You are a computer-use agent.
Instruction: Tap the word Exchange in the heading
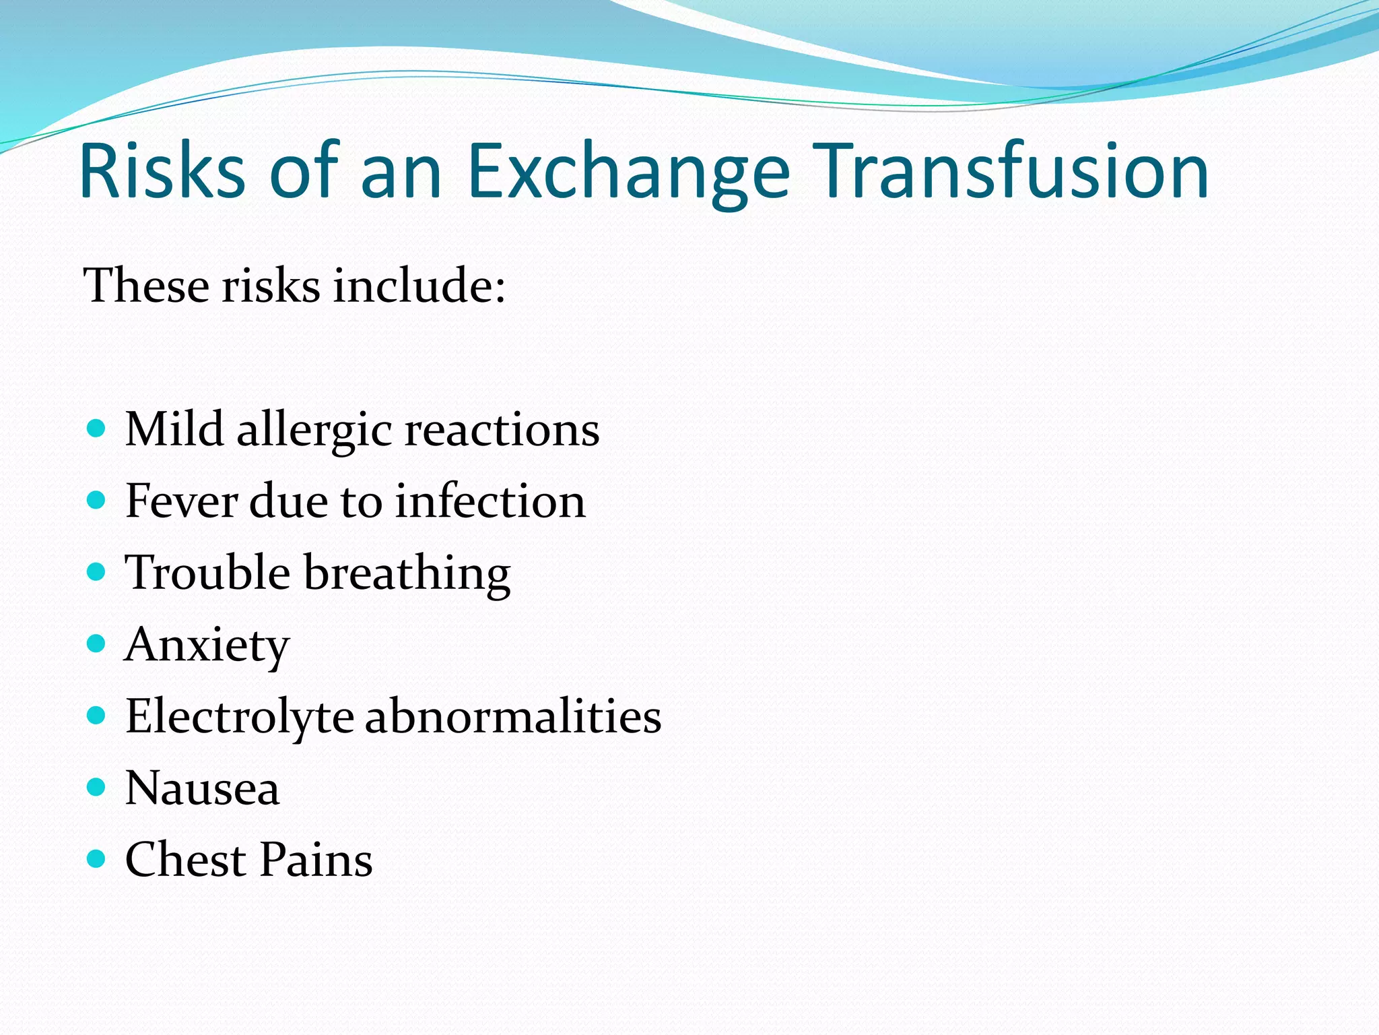click(x=628, y=172)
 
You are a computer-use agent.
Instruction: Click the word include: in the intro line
click(x=419, y=285)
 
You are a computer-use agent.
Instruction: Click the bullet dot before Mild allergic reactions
click(x=97, y=429)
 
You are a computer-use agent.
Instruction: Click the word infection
click(x=490, y=501)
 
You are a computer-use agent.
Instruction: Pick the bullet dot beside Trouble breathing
click(x=97, y=572)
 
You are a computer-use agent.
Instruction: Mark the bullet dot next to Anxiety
click(x=97, y=644)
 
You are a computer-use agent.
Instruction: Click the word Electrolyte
click(x=240, y=717)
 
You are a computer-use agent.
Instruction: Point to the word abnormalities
click(x=513, y=716)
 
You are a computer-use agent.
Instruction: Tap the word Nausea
click(x=202, y=788)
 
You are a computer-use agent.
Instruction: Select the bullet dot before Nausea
click(x=97, y=787)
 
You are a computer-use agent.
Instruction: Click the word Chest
click(x=186, y=859)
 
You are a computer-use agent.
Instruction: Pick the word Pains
click(x=316, y=859)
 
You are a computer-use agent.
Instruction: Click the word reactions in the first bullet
click(x=502, y=430)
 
